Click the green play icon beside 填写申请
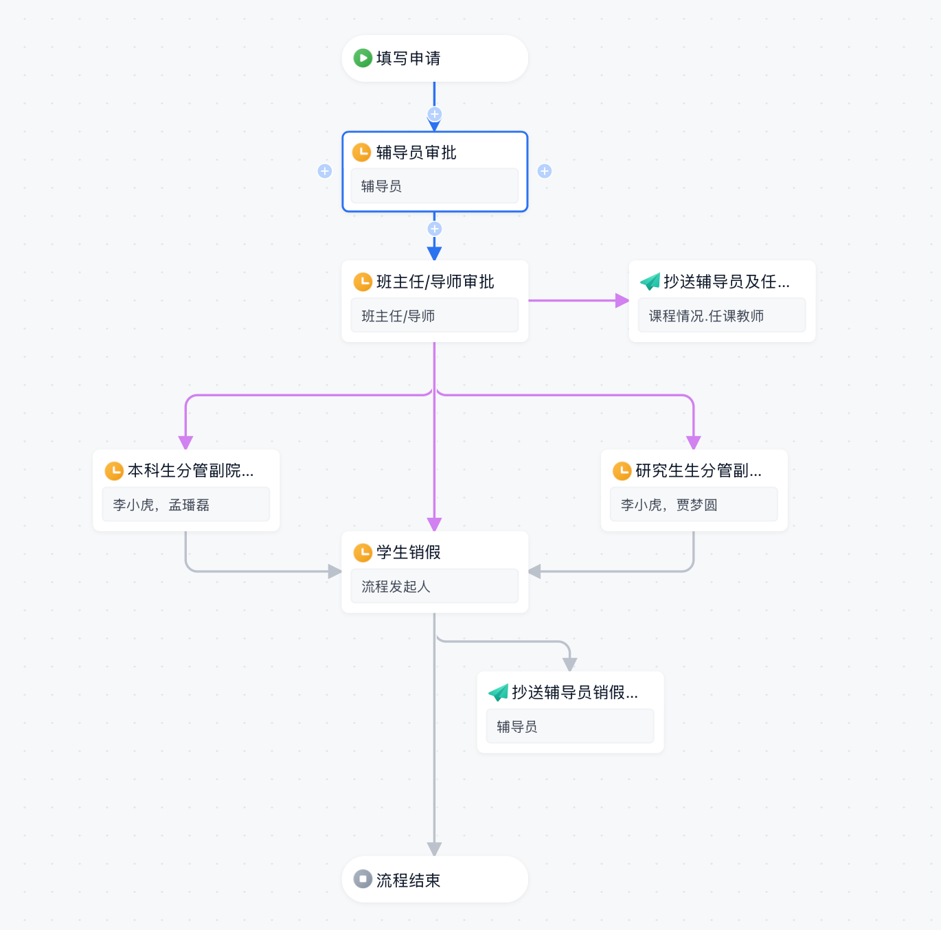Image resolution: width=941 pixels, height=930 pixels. coord(363,58)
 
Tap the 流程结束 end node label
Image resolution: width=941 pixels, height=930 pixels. coord(408,880)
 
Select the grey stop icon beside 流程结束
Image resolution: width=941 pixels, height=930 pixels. coord(363,879)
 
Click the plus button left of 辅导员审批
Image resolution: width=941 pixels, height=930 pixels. coord(325,172)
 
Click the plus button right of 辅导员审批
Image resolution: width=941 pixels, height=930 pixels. coord(545,172)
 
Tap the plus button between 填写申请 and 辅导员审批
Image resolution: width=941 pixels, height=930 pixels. coord(435,114)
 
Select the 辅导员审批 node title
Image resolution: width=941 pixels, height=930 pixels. coord(416,152)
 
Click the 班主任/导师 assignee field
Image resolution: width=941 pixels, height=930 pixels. coord(435,315)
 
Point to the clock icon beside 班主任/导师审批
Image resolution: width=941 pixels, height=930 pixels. coord(363,282)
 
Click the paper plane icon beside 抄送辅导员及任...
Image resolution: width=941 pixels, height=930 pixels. coord(650,282)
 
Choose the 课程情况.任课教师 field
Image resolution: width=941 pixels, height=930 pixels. coord(722,315)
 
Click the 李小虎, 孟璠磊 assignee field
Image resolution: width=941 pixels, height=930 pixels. coord(186,504)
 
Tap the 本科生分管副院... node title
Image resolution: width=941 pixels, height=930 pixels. coord(190,470)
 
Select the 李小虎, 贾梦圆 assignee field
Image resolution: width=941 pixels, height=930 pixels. coord(694,504)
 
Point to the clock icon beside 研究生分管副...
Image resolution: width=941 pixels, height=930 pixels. coord(622,471)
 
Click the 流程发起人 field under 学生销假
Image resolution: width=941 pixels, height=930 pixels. coord(435,586)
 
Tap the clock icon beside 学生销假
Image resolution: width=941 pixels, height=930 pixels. coord(363,552)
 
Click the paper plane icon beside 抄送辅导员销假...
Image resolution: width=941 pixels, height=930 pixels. coord(498,692)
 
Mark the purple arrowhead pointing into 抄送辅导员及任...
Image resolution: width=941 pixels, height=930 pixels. coord(622,300)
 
